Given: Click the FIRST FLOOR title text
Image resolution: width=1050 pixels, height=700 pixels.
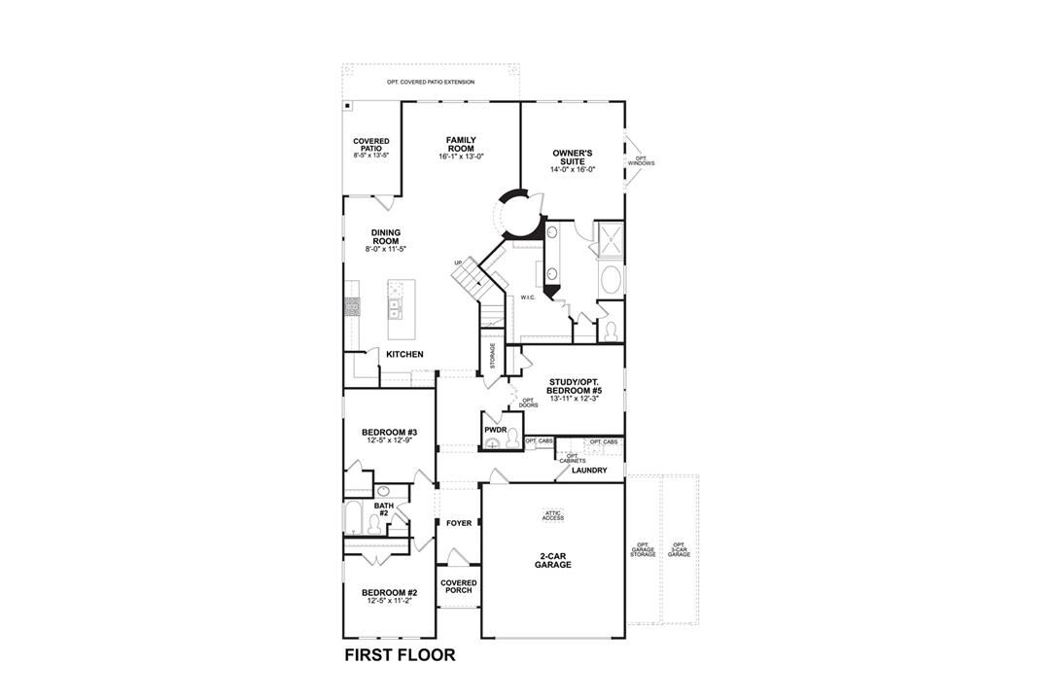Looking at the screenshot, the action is click(400, 655).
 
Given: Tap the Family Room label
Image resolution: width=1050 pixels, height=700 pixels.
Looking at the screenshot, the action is click(462, 144).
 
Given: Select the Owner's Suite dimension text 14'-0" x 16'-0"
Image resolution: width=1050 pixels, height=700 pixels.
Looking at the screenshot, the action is click(573, 169).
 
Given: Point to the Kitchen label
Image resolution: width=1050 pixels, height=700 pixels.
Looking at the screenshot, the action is click(404, 354).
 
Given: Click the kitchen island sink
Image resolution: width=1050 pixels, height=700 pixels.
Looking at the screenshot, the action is click(395, 309).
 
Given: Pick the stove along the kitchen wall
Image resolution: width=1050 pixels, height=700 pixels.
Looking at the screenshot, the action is click(352, 307).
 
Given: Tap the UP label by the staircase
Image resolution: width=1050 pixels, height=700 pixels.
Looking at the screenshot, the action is click(458, 262).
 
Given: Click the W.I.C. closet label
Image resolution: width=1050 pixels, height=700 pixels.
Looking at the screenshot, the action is click(528, 297).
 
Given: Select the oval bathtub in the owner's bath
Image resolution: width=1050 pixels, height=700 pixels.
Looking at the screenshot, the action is click(610, 280).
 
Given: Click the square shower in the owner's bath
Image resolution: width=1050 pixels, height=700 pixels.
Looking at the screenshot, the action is click(611, 238).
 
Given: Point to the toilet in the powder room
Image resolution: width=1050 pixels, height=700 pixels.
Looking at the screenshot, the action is click(513, 438).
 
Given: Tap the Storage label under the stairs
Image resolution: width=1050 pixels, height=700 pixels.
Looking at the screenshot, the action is click(493, 357).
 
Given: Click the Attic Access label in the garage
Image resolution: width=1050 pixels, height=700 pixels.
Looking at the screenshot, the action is click(553, 515).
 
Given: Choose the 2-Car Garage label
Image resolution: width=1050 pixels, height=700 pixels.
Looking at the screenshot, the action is click(553, 560).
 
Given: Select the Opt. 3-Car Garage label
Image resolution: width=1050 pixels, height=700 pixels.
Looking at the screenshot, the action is click(679, 549).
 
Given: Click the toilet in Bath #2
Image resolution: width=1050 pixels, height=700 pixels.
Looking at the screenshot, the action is click(373, 525).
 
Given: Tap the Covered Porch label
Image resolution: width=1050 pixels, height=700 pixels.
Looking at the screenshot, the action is click(459, 586).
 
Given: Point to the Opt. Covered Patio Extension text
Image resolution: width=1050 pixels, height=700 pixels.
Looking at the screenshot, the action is click(431, 83).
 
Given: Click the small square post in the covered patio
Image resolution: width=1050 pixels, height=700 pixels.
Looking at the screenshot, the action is click(347, 106).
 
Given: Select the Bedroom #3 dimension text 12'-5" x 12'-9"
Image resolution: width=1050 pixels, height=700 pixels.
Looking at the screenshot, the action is click(389, 440).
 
